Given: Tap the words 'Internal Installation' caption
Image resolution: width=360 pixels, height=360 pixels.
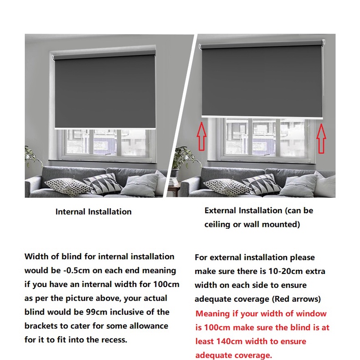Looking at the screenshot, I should click(93, 211).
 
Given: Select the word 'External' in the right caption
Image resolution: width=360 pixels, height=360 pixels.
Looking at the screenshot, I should click(221, 211).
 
